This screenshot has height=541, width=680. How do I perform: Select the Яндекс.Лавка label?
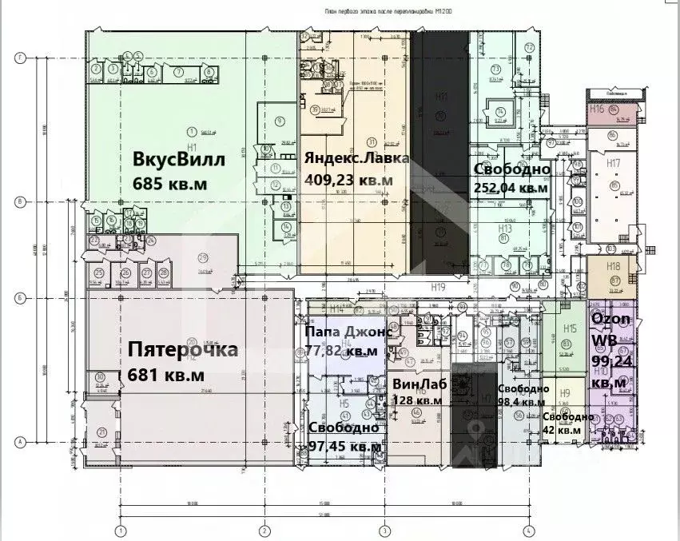coord(356,158)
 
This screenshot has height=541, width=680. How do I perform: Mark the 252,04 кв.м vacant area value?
coord(511,189)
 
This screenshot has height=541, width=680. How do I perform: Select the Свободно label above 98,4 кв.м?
coord(523,388)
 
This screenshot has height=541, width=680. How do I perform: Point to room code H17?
coord(614,163)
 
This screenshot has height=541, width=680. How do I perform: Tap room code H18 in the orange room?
coord(614,266)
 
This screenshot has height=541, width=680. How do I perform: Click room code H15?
coord(570,328)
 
